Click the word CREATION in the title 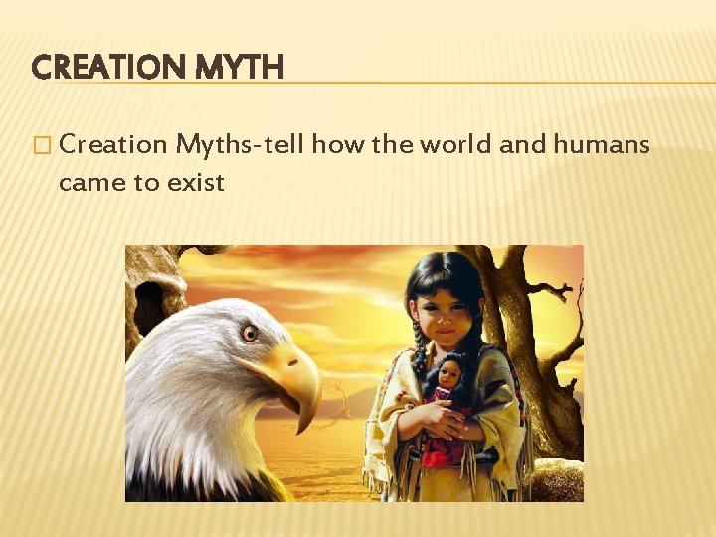click(x=104, y=68)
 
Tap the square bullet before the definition click(x=40, y=146)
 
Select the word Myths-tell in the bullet click(x=241, y=145)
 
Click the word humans click(x=602, y=145)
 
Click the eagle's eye click(x=249, y=333)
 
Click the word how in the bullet click(x=338, y=145)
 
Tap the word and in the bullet click(x=521, y=145)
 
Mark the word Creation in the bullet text click(x=113, y=145)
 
